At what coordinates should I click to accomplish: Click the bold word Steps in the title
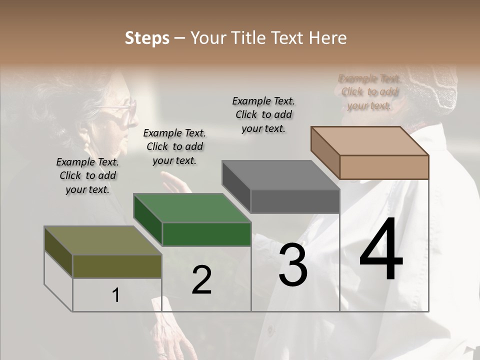147,38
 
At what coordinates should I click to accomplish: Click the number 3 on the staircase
293,264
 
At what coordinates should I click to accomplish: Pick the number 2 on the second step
201,280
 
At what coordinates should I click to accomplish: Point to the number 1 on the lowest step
116,295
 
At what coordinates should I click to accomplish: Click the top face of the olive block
102,240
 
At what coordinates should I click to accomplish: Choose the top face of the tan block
370,140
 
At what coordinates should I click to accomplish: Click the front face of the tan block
384,166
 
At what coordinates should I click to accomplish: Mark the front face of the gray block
295,201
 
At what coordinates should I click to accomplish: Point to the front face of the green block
206,234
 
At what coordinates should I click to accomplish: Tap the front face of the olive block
117,266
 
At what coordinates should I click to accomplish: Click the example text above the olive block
87,175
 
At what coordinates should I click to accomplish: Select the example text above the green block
174,146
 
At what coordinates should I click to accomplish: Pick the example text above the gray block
263,114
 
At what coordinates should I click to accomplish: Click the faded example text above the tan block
369,92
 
